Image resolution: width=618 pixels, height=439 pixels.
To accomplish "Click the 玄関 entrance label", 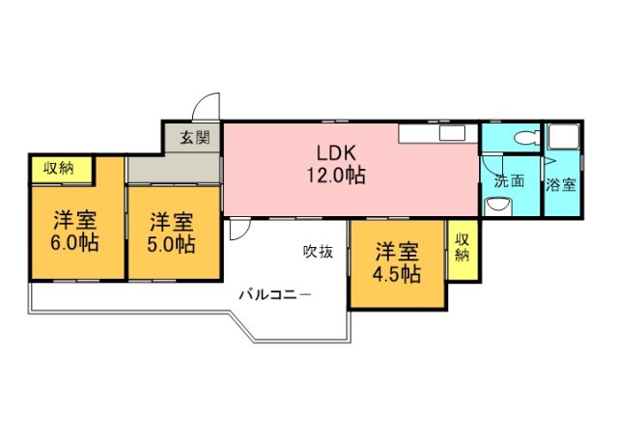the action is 195,137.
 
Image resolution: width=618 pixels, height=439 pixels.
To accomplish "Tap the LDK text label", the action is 337,152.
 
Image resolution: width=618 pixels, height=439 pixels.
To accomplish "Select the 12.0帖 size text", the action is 336,175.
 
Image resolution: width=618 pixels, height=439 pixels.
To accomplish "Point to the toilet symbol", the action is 526,138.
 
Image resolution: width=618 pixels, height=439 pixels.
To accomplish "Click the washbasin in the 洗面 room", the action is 498,206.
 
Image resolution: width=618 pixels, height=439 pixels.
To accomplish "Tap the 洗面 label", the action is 510,181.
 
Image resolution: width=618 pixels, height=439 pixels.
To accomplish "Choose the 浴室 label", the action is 561,185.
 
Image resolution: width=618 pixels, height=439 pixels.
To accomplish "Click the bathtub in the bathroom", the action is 563,136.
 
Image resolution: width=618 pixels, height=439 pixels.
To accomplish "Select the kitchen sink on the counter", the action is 452,133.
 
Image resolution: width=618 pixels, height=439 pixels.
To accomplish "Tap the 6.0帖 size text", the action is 74,242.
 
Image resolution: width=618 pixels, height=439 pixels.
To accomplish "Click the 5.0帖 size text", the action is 171,244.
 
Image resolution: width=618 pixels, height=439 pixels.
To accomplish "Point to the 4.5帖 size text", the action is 397,274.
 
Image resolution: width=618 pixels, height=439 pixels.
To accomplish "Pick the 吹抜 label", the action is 318,252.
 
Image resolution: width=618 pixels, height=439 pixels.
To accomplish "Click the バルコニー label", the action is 275,294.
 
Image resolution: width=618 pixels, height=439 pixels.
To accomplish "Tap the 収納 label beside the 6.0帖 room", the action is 59,169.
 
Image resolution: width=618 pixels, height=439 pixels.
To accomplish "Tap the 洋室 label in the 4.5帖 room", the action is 397,252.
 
